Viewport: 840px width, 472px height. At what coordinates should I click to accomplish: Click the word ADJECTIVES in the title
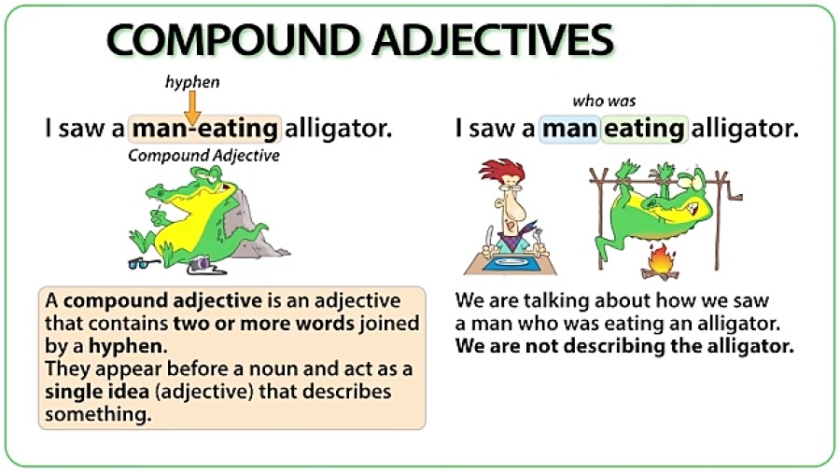coord(493,39)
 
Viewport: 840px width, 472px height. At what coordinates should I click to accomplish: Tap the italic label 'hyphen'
coord(192,82)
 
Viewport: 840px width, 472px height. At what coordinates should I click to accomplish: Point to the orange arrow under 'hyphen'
coord(192,107)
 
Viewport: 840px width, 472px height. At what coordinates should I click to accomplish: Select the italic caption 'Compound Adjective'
coord(203,156)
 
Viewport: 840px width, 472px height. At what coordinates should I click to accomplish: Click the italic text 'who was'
coord(604,101)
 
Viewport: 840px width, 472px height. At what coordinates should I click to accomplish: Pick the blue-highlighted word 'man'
coord(569,129)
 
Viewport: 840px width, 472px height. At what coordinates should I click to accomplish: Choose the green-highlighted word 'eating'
coord(644,129)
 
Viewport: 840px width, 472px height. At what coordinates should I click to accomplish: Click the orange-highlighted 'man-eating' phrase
coord(204,129)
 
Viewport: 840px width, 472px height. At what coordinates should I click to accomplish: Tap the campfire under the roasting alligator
coord(660,262)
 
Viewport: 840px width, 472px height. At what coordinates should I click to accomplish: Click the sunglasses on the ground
coord(144,263)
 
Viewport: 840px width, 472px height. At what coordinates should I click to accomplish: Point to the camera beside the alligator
coord(200,264)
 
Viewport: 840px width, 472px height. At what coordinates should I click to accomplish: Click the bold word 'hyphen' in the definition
coord(125,346)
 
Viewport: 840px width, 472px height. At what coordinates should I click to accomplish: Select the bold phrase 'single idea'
coord(97,392)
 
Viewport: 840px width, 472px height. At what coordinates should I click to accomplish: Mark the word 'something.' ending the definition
coord(98,415)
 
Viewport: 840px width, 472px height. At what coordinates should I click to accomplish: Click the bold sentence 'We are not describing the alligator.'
coord(624,346)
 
